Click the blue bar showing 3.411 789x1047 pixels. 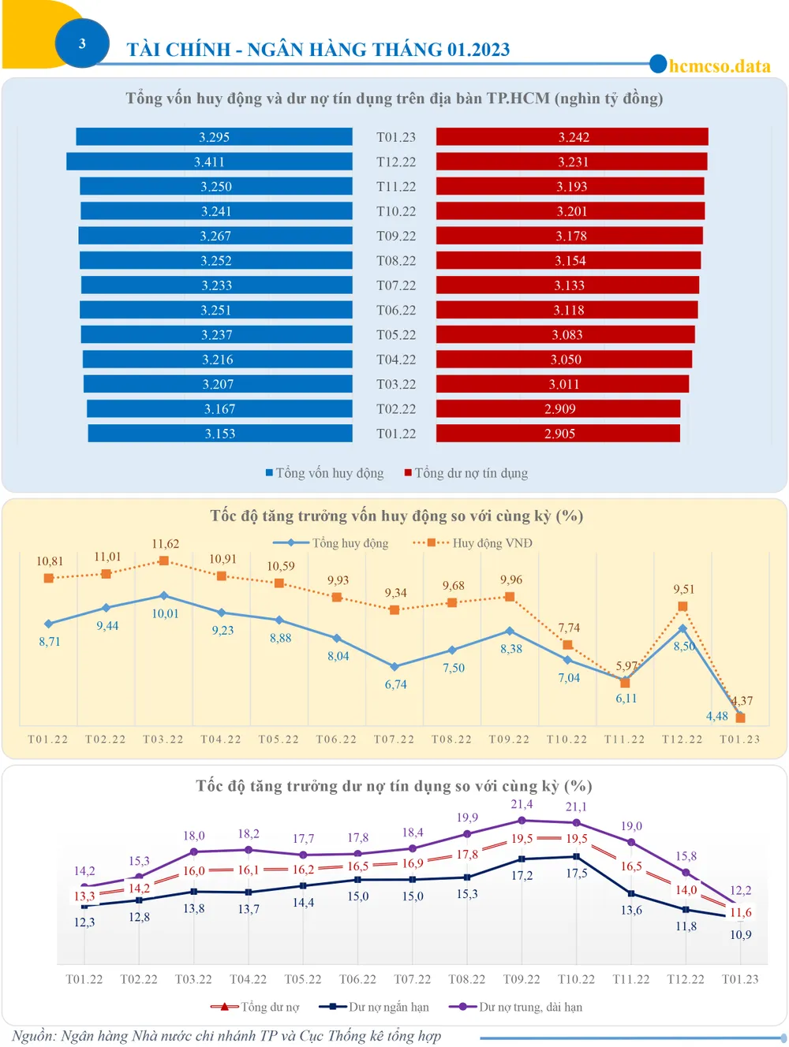pyautogui.click(x=209, y=162)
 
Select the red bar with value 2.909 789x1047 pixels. pyautogui.click(x=559, y=408)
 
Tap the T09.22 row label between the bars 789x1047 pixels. pyautogui.click(x=395, y=236)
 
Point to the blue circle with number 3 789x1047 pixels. pyautogui.click(x=82, y=43)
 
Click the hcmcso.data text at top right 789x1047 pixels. pyautogui.click(x=720, y=66)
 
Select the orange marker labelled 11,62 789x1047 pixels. pyautogui.click(x=164, y=561)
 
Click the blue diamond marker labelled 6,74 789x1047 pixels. pyautogui.click(x=394, y=666)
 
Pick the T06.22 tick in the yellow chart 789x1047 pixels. pyautogui.click(x=336, y=740)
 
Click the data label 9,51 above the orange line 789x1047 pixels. pyautogui.click(x=683, y=589)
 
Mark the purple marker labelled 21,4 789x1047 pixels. pyautogui.click(x=522, y=821)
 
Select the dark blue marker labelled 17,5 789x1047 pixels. pyautogui.click(x=576, y=856)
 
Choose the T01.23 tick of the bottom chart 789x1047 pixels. pyautogui.click(x=740, y=979)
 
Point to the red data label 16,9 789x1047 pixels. pyautogui.click(x=412, y=863)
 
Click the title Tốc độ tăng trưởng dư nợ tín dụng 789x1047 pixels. pyautogui.click(x=394, y=786)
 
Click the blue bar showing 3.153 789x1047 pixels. pyautogui.click(x=219, y=434)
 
